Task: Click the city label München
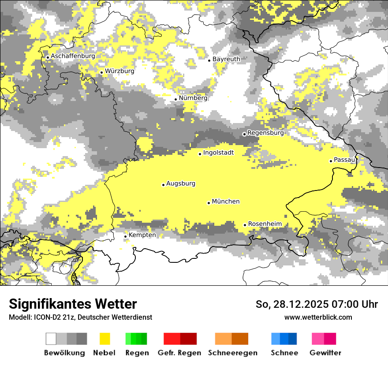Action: point(226,202)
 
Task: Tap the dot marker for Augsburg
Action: point(163,185)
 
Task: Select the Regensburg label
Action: point(265,133)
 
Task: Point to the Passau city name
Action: point(344,160)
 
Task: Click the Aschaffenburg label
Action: point(73,56)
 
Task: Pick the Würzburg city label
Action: point(119,71)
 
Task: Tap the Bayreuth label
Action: point(226,59)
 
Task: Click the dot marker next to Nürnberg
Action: point(175,99)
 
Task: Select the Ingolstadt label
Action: point(218,153)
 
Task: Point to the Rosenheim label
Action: point(265,224)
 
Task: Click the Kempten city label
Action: point(142,235)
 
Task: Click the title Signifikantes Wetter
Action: point(73,304)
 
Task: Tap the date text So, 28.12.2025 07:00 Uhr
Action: point(317,304)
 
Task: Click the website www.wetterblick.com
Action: point(318,317)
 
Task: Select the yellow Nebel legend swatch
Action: point(105,339)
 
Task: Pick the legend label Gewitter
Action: point(325,353)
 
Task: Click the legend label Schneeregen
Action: point(232,353)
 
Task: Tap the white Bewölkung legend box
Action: point(51,339)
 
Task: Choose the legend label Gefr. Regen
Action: point(179,353)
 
